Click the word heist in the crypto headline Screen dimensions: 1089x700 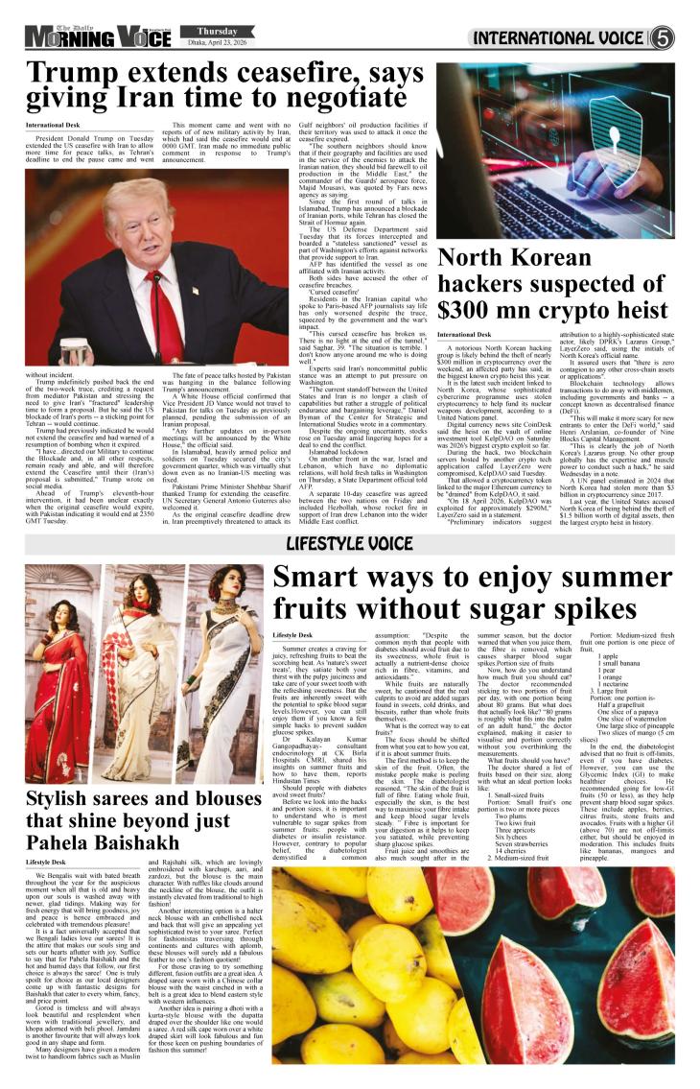coord(634,310)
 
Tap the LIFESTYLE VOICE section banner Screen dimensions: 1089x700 coord(350,545)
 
